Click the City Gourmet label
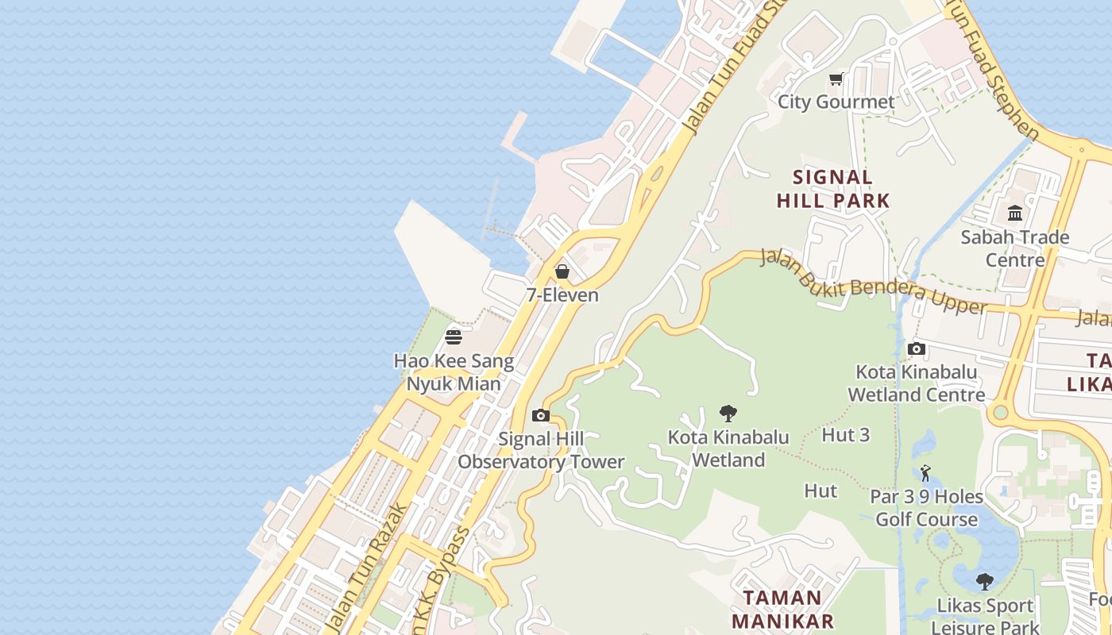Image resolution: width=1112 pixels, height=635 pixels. click(x=836, y=102)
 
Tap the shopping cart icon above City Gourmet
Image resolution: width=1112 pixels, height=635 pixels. click(x=836, y=79)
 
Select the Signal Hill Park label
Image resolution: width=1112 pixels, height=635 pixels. click(x=833, y=189)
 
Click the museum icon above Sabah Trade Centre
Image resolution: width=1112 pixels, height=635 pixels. click(x=1015, y=213)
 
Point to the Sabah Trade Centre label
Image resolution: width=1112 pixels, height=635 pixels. click(x=1015, y=248)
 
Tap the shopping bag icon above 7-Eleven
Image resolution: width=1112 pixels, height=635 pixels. click(x=562, y=271)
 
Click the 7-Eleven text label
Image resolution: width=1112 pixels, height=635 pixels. click(x=562, y=295)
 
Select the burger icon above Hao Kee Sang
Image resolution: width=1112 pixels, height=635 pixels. click(x=454, y=337)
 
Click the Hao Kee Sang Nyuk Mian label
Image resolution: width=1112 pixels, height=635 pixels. click(x=454, y=372)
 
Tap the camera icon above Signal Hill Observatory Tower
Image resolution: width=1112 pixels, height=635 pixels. click(x=541, y=415)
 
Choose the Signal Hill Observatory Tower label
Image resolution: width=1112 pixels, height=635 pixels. click(x=541, y=450)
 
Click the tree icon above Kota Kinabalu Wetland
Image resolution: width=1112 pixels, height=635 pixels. click(x=728, y=414)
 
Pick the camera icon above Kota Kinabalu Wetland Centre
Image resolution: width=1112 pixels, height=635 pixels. click(x=917, y=348)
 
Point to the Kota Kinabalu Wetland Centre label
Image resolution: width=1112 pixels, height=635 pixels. click(x=917, y=383)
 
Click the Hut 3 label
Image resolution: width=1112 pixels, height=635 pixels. click(x=845, y=435)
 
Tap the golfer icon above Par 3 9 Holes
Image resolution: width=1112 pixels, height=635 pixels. click(x=925, y=473)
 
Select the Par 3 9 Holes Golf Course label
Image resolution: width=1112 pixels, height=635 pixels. click(x=926, y=508)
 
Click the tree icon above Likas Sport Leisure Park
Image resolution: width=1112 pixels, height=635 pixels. click(x=985, y=582)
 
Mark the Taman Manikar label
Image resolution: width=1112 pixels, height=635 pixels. click(x=782, y=609)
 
